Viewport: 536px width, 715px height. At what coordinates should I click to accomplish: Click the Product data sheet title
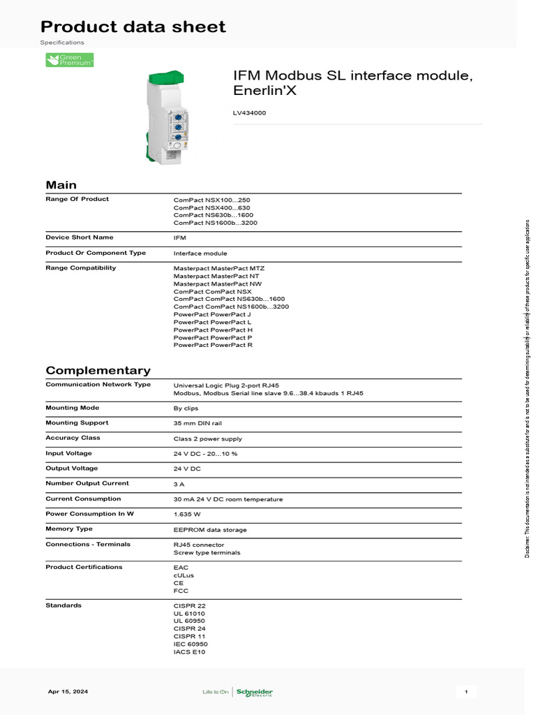[133, 27]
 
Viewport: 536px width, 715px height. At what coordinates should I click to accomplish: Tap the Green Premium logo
[69, 61]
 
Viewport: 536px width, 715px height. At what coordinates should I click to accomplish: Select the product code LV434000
[249, 113]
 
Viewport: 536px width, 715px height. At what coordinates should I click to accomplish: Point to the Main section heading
[61, 185]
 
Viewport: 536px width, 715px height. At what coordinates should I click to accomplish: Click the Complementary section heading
[98, 371]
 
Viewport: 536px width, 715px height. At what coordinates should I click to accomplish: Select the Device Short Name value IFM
[180, 238]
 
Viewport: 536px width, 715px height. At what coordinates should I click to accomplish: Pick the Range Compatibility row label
[81, 268]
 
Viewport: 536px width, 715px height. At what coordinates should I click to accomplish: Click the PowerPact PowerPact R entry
[213, 345]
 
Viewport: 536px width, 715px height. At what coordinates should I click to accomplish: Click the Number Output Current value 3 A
[179, 484]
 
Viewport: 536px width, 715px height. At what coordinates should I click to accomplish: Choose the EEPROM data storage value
[209, 530]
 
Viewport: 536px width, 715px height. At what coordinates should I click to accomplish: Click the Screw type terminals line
[207, 552]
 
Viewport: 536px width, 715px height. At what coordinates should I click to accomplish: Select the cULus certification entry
[184, 575]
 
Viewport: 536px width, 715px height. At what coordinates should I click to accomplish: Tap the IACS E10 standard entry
[189, 652]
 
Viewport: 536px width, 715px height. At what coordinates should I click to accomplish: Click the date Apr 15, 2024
[68, 692]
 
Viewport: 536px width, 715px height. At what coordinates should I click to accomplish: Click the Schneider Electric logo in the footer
[255, 692]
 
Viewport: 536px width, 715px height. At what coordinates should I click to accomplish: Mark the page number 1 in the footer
[466, 692]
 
